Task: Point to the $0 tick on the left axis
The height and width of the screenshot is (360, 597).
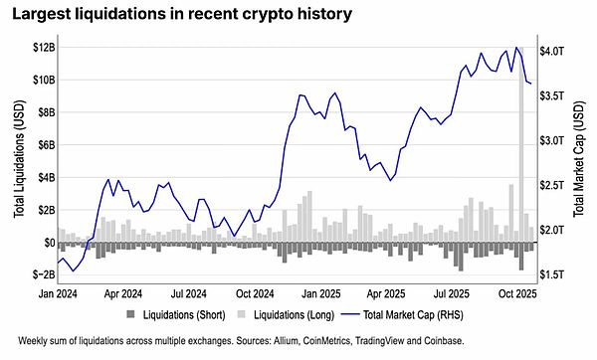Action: pyautogui.click(x=46, y=242)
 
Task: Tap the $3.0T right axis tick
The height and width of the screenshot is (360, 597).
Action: pyautogui.click(x=553, y=140)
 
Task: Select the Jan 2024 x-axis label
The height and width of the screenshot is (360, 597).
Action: pyautogui.click(x=58, y=294)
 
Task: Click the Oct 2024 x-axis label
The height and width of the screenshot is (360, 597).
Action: pyautogui.click(x=255, y=294)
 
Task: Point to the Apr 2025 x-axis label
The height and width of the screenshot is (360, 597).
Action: pyautogui.click(x=386, y=294)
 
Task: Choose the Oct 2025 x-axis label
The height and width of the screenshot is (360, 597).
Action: pyautogui.click(x=517, y=294)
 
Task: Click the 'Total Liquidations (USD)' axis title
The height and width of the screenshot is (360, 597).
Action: pyautogui.click(x=18, y=161)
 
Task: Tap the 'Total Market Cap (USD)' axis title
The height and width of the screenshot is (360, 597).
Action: pyautogui.click(x=580, y=161)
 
